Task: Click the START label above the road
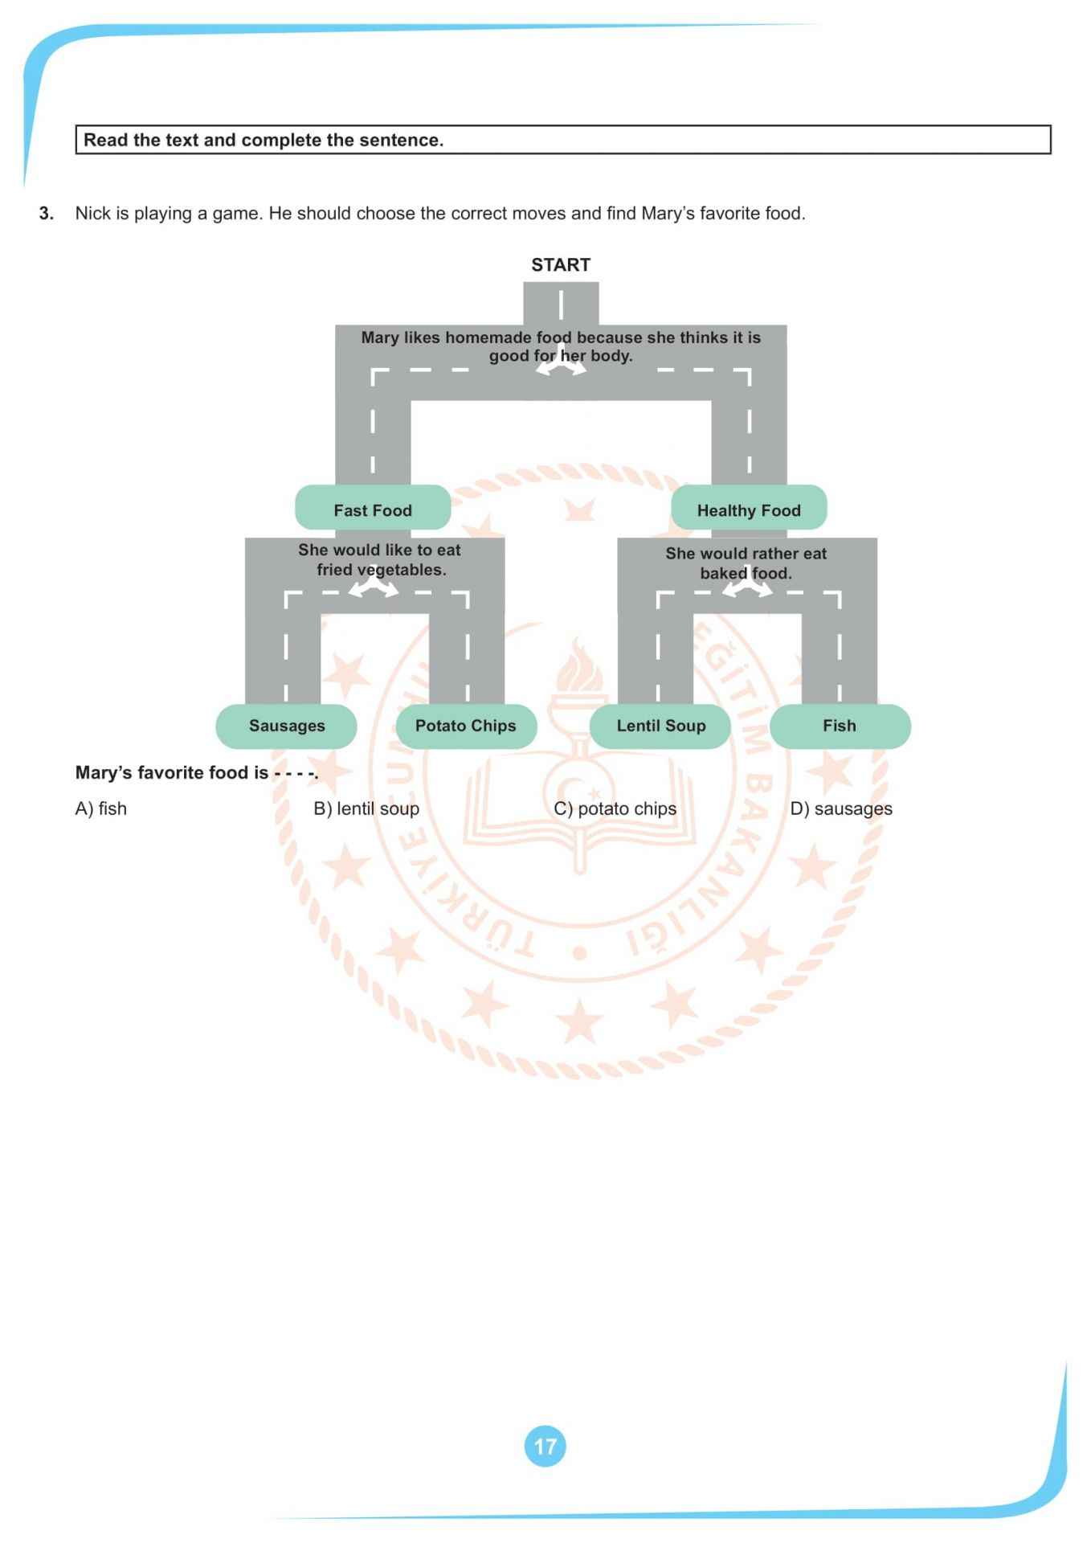click(x=560, y=264)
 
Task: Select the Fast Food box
click(x=373, y=510)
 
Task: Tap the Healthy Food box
click(x=749, y=510)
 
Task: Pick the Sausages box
click(x=287, y=726)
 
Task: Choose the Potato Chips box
click(x=466, y=726)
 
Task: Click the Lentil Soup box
click(x=660, y=726)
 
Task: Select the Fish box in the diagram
click(x=840, y=726)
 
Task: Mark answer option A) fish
click(x=101, y=808)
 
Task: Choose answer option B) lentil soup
click(x=366, y=808)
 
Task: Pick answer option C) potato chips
click(x=615, y=808)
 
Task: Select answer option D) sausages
click(x=841, y=808)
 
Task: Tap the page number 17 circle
click(x=545, y=1447)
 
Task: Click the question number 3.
click(x=47, y=213)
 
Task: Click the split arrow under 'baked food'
click(x=747, y=589)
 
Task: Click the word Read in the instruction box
click(x=105, y=140)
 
